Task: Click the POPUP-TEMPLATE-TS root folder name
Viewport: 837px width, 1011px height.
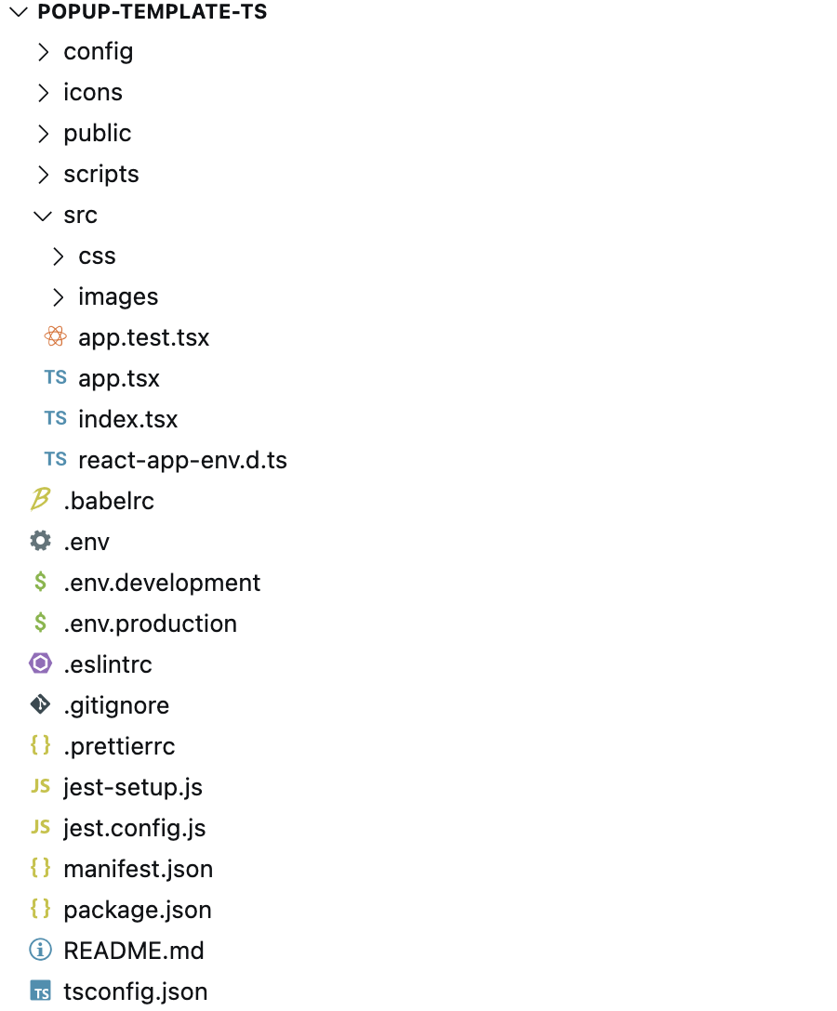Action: (153, 11)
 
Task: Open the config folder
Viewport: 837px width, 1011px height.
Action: (98, 52)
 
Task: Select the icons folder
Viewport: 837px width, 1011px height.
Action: (93, 92)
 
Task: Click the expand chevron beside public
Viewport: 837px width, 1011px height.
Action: (43, 134)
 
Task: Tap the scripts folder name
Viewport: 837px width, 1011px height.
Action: (101, 174)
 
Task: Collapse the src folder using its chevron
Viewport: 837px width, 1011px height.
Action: (43, 216)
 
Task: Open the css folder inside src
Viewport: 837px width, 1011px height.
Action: (97, 256)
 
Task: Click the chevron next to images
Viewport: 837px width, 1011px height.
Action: (58, 296)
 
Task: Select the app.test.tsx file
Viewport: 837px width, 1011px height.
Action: (144, 337)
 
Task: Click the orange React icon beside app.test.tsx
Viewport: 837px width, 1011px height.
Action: (56, 336)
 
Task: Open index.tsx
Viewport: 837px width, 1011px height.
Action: (127, 419)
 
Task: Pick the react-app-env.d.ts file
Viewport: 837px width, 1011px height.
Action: (182, 460)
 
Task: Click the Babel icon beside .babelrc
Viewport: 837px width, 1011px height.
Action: (40, 499)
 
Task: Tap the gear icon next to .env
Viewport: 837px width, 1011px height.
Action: (40, 540)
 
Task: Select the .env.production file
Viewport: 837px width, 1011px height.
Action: (151, 624)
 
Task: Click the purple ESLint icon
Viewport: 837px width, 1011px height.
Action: (40, 663)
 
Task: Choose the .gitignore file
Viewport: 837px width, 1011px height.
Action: (116, 705)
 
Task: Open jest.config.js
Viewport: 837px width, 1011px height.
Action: (134, 828)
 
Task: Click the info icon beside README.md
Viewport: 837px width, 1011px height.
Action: (40, 949)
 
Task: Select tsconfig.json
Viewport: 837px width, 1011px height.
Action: (136, 991)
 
